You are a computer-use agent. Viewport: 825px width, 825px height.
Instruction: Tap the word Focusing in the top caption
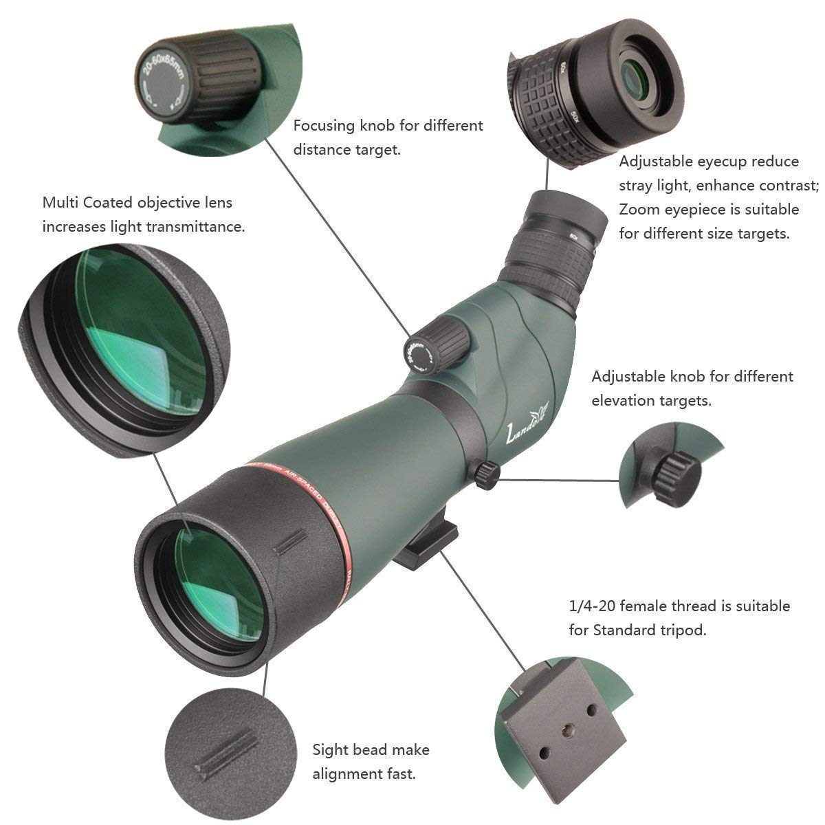tap(324, 126)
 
